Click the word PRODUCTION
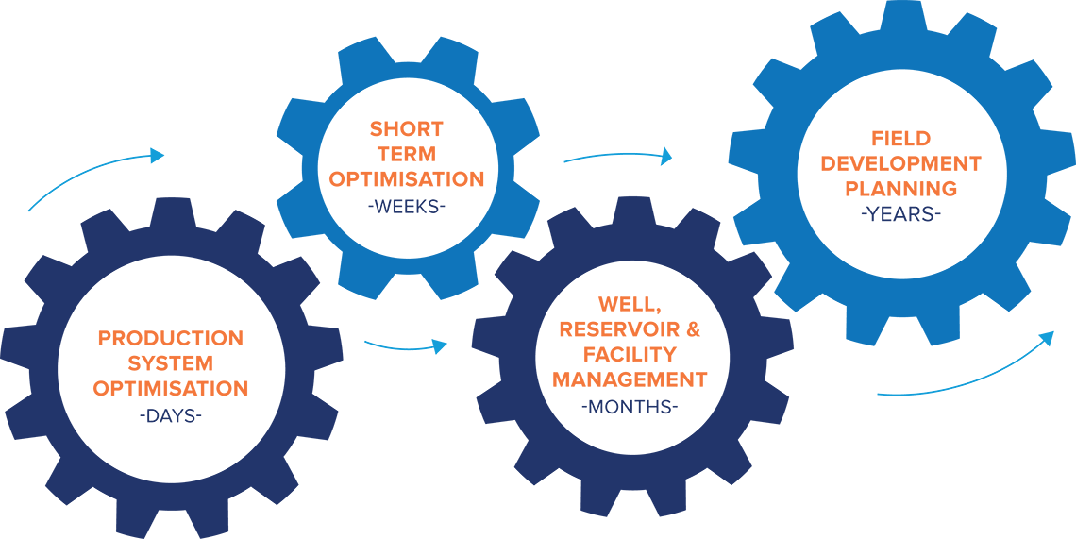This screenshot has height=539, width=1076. [170, 339]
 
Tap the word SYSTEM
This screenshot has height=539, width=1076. [171, 363]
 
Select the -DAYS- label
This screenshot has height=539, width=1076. [170, 415]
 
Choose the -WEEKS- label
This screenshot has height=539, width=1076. [406, 205]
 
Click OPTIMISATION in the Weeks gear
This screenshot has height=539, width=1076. [406, 179]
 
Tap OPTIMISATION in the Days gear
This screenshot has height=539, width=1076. [170, 389]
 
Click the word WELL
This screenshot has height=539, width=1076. [630, 304]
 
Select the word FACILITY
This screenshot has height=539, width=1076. [630, 355]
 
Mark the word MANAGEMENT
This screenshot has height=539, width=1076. [630, 379]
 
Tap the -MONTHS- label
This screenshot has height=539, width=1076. [630, 407]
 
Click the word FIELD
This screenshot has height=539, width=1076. [901, 139]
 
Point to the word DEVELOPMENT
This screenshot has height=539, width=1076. [901, 163]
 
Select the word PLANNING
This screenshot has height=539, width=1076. [901, 188]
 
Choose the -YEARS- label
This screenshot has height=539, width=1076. [901, 214]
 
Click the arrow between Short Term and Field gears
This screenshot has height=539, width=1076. [617, 155]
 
